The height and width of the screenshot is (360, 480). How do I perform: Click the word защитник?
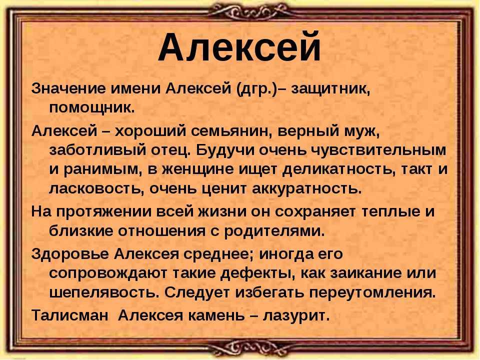330,89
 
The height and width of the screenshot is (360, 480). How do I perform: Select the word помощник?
91,108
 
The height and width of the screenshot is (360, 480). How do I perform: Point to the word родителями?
274,231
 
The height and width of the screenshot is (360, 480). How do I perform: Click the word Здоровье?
70,254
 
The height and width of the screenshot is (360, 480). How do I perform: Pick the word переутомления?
372,293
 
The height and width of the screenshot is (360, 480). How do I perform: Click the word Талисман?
70,315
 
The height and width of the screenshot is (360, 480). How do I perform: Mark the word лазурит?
295,316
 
